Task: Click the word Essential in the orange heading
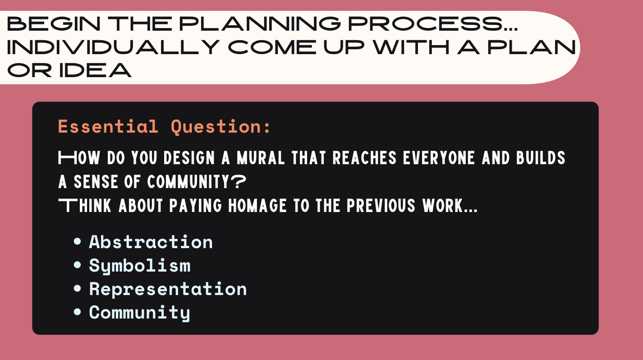tap(108, 127)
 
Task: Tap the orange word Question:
tap(220, 127)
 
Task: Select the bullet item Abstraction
tap(151, 242)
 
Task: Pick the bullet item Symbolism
tap(139, 266)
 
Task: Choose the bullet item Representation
tap(168, 289)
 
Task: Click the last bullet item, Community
tap(139, 313)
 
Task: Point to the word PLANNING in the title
tap(260, 23)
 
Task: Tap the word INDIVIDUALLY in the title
tap(113, 47)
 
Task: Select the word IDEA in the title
tap(95, 71)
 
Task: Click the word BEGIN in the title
tap(54, 23)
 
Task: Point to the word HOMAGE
tap(257, 206)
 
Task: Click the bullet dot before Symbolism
tap(77, 265)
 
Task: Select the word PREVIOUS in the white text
tap(381, 206)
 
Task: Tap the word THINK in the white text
tap(85, 206)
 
